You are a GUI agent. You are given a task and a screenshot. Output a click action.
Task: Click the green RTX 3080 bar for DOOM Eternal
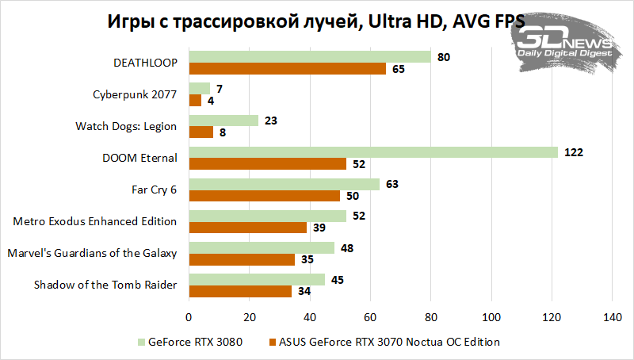point(372,152)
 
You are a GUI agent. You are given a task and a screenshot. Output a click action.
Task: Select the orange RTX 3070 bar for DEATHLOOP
point(287,69)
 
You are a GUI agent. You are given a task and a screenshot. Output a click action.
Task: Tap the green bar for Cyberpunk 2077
point(199,88)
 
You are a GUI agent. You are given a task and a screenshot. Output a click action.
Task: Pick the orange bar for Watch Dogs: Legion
point(201,132)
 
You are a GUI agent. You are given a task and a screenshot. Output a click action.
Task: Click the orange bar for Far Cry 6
point(264,196)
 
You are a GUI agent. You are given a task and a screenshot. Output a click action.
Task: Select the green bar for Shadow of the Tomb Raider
point(256,279)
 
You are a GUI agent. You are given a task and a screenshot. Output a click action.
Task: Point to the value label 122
point(573,152)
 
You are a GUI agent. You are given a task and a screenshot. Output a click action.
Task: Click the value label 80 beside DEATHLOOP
point(444,57)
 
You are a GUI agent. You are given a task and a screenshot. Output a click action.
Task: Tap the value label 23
point(271,121)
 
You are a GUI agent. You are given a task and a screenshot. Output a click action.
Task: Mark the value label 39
point(319,228)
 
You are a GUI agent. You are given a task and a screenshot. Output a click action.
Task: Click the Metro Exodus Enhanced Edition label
point(95,221)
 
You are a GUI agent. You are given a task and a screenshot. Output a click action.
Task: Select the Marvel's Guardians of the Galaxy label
point(92,253)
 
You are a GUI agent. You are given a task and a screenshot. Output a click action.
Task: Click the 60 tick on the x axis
point(370,317)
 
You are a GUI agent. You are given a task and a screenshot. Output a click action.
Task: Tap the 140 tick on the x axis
point(611,317)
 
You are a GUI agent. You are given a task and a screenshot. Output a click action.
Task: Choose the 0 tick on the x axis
point(189,317)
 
